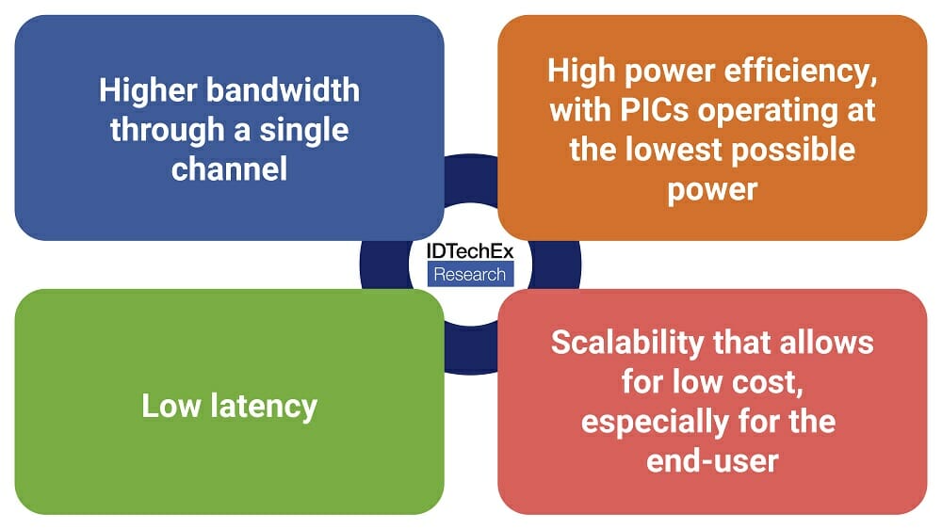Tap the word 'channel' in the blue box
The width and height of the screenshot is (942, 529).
point(229,168)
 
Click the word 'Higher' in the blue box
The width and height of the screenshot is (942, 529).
point(146,90)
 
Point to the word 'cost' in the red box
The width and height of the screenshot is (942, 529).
point(768,381)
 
